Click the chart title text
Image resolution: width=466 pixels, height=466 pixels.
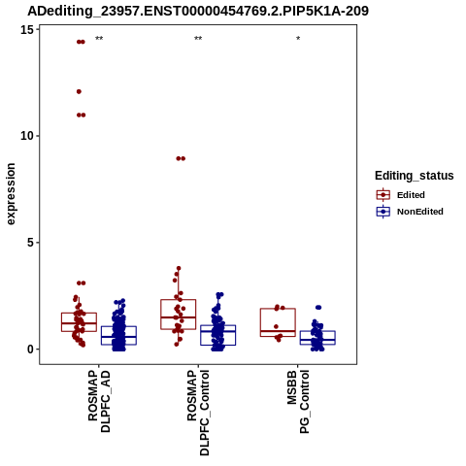pos(198,11)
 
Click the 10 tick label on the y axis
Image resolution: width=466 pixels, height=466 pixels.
pos(27,136)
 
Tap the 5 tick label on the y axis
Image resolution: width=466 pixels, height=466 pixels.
pos(31,243)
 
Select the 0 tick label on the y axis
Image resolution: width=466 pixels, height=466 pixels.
pos(31,349)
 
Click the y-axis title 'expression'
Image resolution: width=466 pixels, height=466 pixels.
pos(11,194)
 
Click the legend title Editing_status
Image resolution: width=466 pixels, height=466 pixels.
pos(415,176)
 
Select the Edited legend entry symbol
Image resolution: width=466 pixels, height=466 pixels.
pos(383,195)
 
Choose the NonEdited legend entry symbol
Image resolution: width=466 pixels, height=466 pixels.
pos(383,212)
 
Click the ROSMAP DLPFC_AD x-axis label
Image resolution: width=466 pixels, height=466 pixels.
pos(99,402)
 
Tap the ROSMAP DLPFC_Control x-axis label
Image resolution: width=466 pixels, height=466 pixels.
pos(198,413)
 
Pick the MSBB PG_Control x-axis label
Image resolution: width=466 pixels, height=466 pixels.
pos(298,402)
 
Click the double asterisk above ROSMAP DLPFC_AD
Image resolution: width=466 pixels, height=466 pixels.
pos(99,39)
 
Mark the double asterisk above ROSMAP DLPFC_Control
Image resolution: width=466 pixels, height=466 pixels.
pos(198,39)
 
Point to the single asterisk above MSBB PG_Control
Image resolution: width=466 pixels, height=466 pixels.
pos(298,39)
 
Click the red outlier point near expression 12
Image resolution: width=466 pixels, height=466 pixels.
pos(79,91)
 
